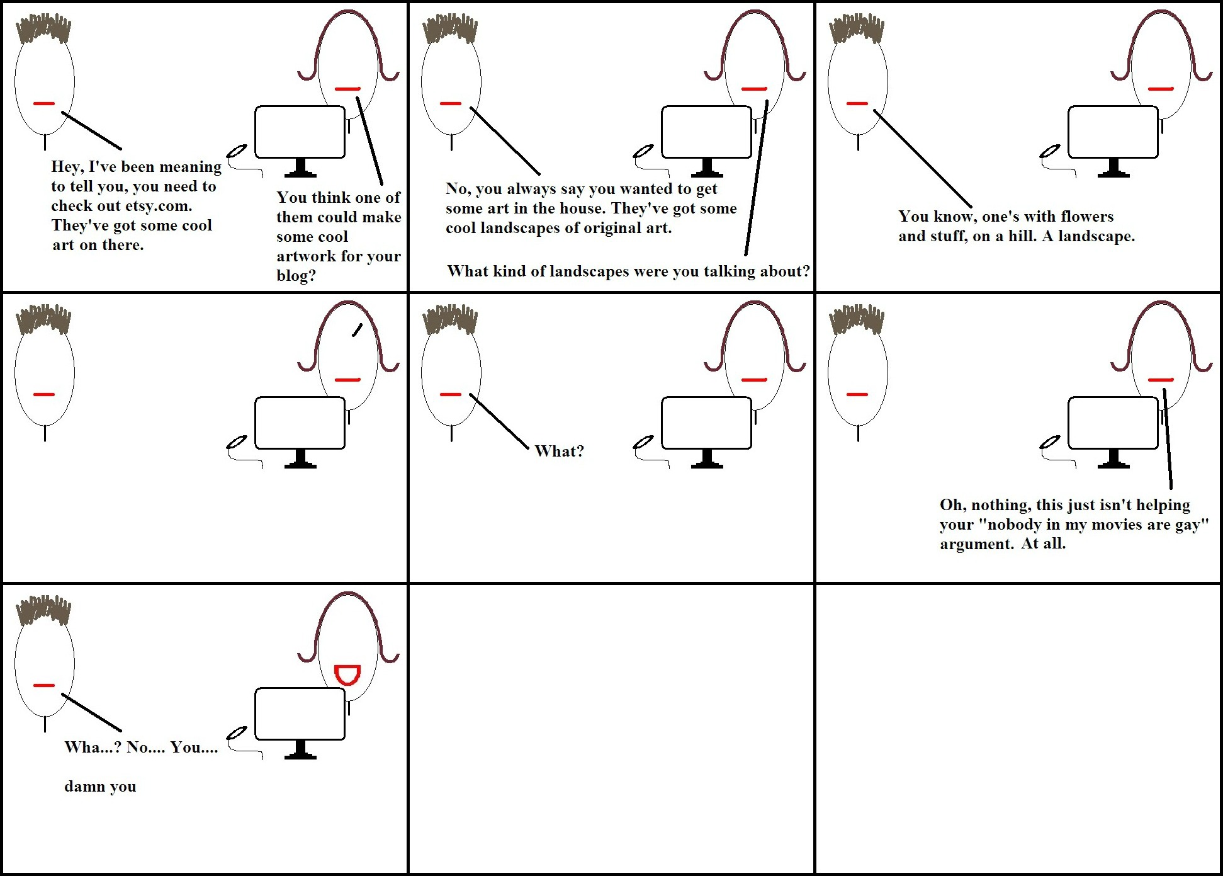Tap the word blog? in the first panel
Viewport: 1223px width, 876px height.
click(296, 276)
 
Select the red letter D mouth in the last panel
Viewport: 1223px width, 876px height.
click(347, 674)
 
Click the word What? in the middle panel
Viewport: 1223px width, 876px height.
click(559, 451)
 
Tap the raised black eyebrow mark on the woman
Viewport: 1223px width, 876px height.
click(358, 329)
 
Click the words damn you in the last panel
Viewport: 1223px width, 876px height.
click(100, 787)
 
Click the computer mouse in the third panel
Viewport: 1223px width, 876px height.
click(1050, 152)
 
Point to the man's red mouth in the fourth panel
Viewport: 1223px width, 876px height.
click(44, 394)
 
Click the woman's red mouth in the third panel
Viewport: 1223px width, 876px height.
click(1161, 89)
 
